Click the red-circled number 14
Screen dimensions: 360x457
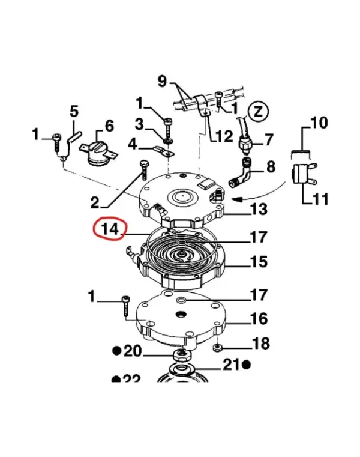[110, 228]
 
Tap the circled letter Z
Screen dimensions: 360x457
[259, 111]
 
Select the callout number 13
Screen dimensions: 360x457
[259, 209]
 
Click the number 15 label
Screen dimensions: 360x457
[259, 261]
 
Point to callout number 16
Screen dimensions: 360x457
[259, 318]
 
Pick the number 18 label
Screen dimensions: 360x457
[261, 344]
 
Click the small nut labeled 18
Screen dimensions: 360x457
[217, 348]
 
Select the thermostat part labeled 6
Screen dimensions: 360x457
[98, 153]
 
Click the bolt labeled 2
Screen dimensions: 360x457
[143, 169]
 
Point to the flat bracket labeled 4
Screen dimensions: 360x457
[164, 151]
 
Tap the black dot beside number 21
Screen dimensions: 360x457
[247, 365]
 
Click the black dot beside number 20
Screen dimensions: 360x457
[117, 351]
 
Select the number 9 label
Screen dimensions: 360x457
[162, 81]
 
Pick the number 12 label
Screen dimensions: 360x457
[224, 136]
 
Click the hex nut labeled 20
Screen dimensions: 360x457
[181, 356]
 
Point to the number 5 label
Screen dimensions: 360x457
[74, 112]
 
